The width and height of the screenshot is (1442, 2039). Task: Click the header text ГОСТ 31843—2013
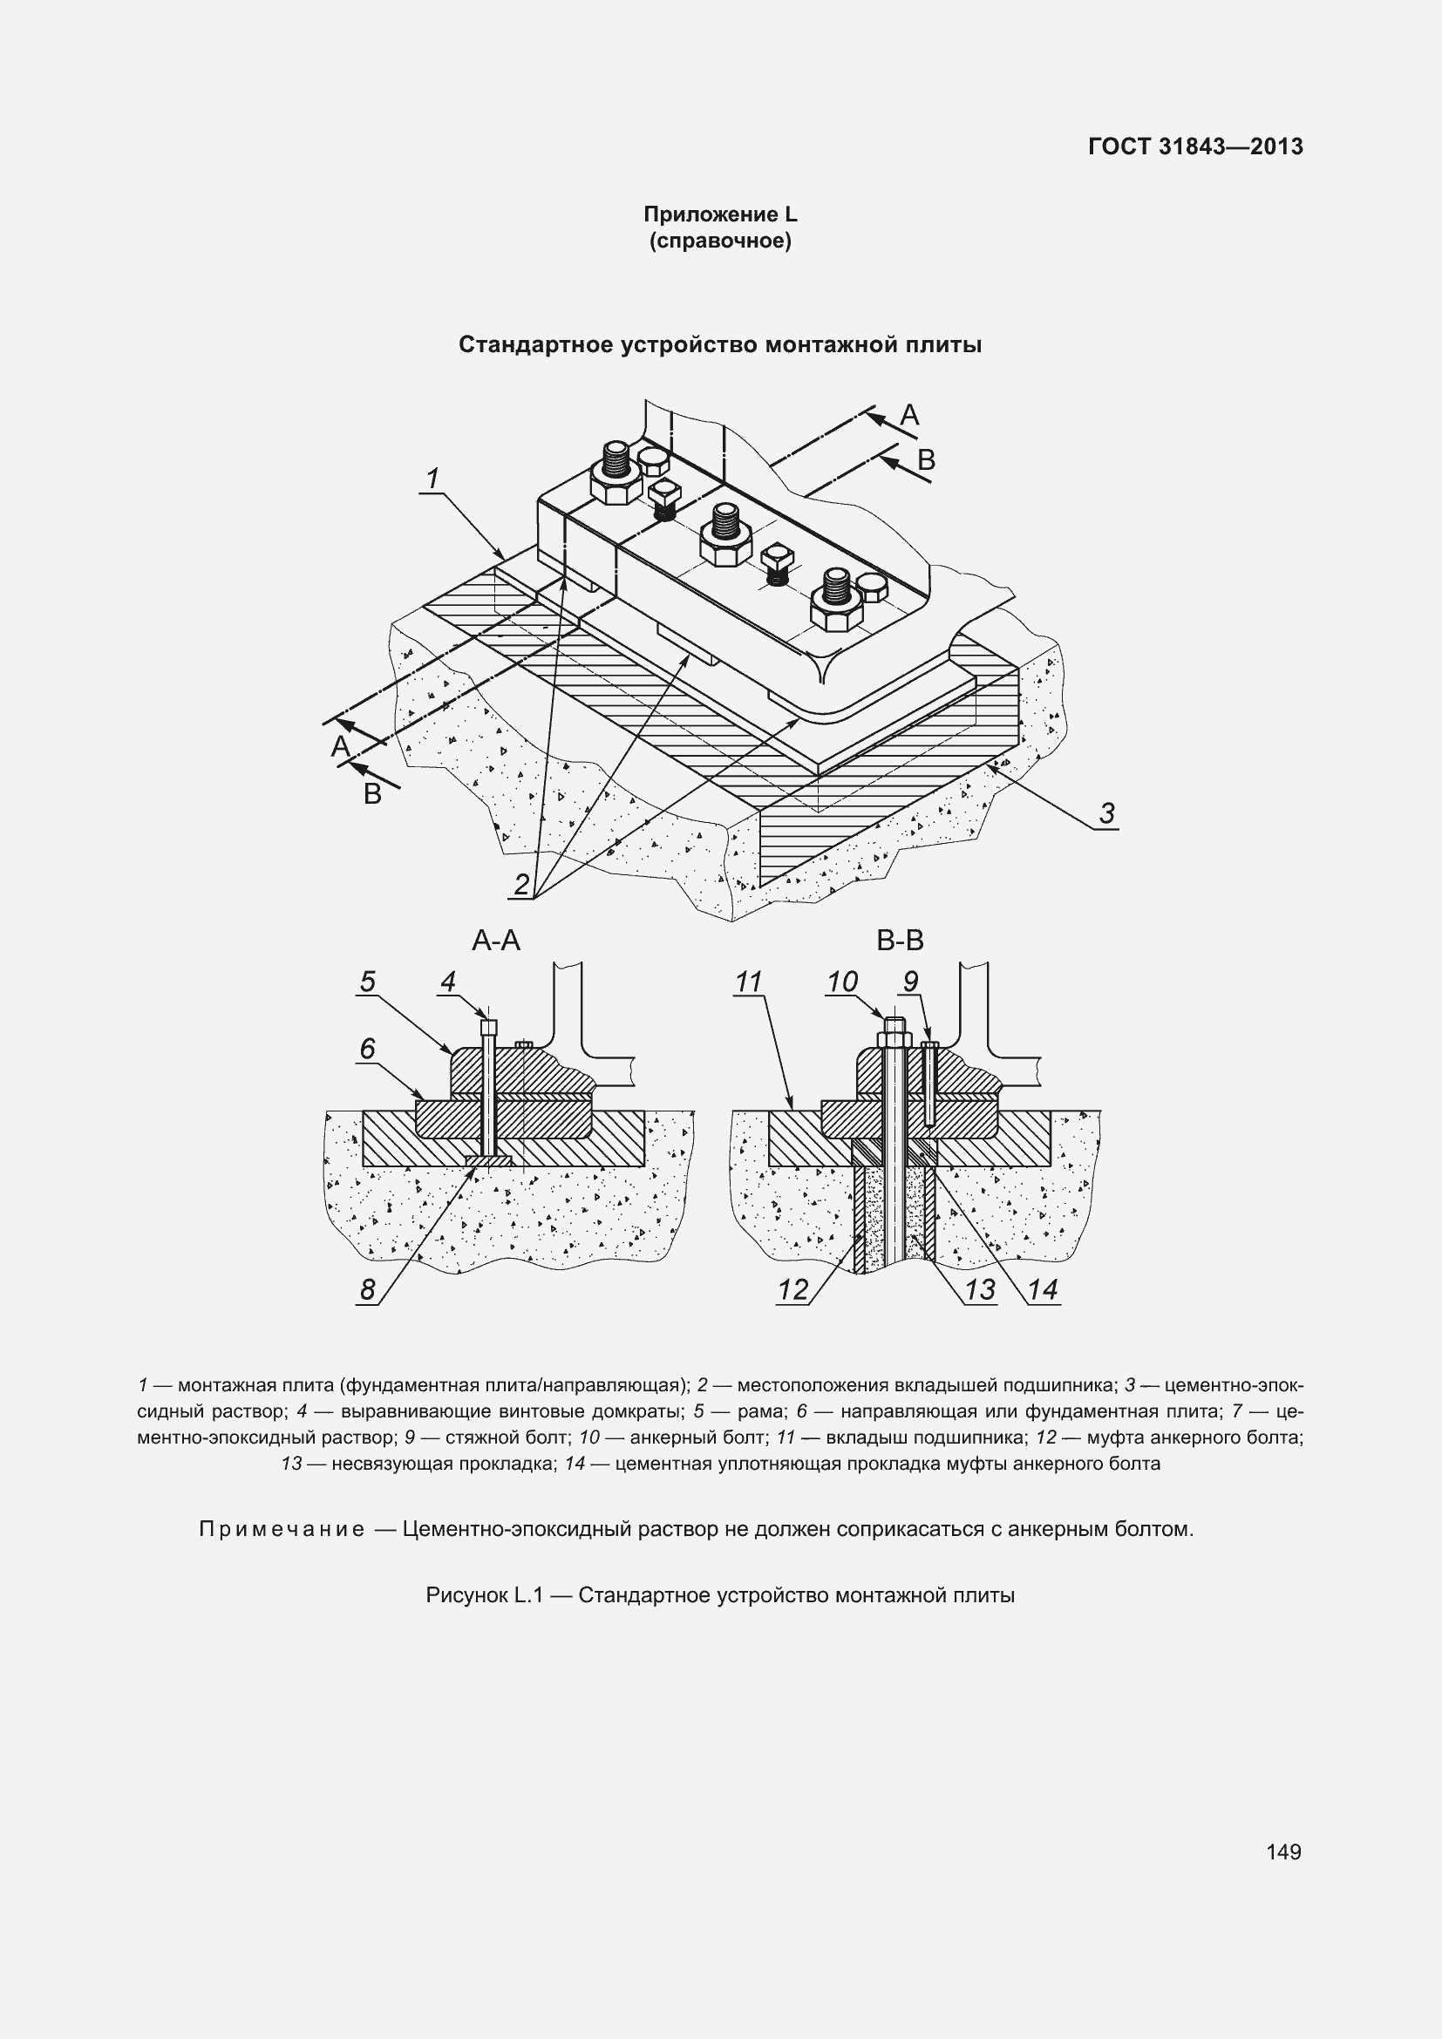point(1195,146)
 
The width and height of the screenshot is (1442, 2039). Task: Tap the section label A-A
point(495,940)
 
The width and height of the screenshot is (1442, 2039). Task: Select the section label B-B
point(901,940)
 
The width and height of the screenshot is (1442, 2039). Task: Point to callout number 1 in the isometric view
point(432,479)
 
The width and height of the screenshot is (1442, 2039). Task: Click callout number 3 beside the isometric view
point(1106,812)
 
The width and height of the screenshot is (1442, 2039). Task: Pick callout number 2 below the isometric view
point(522,885)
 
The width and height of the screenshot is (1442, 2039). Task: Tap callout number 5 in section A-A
point(368,982)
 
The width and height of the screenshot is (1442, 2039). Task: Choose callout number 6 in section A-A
point(368,1049)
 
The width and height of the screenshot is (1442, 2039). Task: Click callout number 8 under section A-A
point(368,1288)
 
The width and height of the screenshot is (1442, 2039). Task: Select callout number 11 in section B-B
point(749,982)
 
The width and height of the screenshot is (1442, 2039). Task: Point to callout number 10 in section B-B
point(842,982)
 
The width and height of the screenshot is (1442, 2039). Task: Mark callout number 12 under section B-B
point(792,1288)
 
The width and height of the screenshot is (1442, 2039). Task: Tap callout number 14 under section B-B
point(1044,1288)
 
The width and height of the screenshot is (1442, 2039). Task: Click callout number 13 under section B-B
point(980,1288)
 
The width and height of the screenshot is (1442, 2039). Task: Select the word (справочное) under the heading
point(720,241)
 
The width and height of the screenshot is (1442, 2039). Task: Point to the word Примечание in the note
point(282,1528)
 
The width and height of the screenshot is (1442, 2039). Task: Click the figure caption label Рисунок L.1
point(484,1595)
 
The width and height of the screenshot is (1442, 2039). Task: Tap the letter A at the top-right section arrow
point(909,414)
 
